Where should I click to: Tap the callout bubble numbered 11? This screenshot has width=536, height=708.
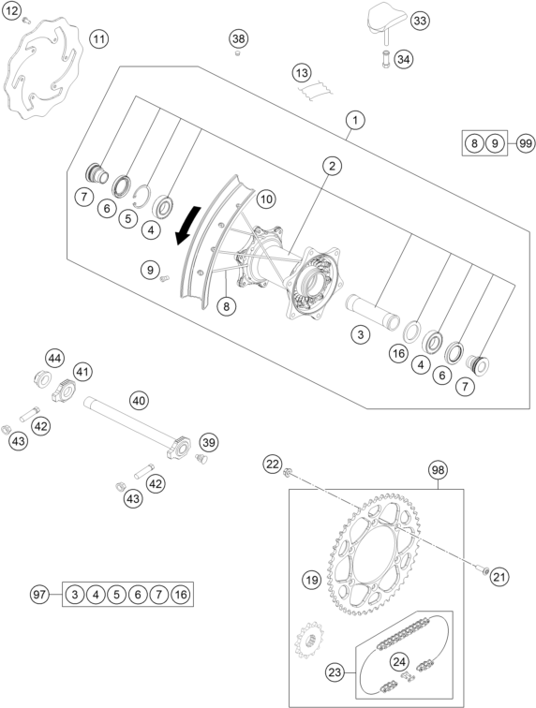(99, 38)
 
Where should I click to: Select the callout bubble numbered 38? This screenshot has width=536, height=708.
(239, 38)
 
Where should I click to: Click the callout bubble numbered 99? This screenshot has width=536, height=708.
(525, 143)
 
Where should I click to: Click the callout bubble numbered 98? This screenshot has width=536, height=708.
(438, 468)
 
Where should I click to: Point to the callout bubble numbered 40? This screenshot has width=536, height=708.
(139, 401)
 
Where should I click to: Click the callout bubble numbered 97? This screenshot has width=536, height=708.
(39, 594)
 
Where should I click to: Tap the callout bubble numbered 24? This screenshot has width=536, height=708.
(399, 662)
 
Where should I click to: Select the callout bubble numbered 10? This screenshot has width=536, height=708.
(266, 199)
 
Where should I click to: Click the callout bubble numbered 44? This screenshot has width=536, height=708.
(56, 358)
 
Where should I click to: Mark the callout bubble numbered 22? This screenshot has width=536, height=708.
(272, 464)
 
